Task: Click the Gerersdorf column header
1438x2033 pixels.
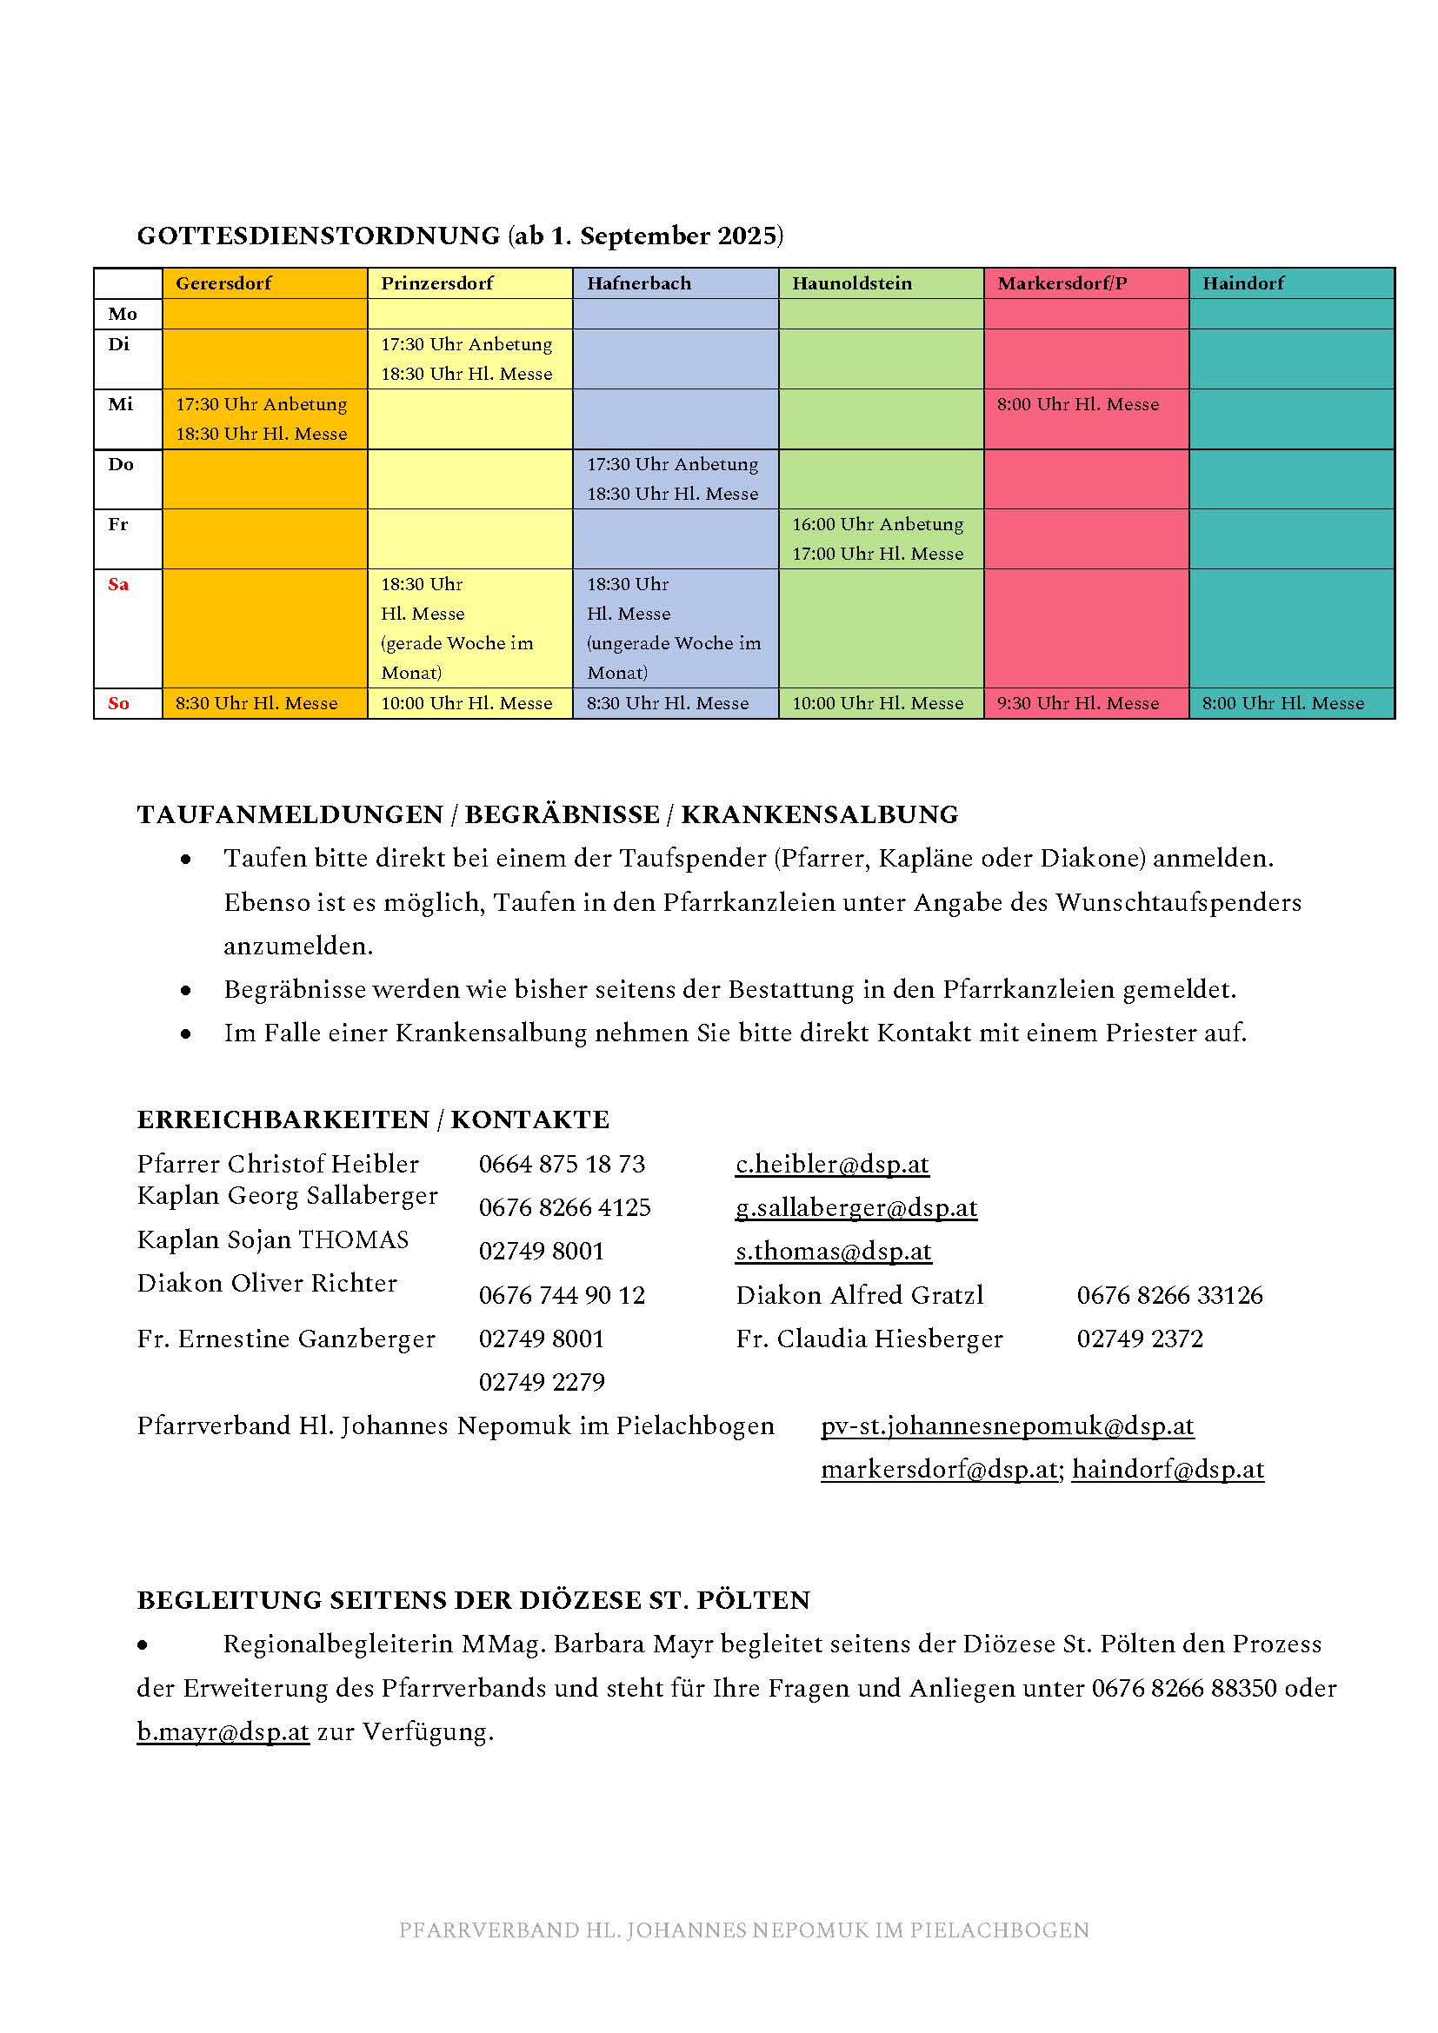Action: [223, 283]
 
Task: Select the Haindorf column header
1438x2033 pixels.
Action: [1243, 283]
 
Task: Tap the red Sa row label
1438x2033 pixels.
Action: [118, 584]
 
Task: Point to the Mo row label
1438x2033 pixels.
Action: [123, 314]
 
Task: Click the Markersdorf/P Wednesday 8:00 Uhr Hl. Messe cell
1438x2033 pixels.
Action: [1077, 405]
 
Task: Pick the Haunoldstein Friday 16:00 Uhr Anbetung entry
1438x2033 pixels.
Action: [877, 524]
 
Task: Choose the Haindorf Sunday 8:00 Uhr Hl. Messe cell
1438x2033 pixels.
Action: [1283, 703]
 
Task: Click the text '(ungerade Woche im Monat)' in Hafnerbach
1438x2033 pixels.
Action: [674, 658]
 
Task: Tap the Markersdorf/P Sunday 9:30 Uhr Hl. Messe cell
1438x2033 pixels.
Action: [1077, 703]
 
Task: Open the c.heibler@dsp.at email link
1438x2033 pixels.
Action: [832, 1164]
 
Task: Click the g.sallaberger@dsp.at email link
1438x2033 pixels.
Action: [856, 1207]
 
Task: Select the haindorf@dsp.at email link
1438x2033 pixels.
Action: [1168, 1469]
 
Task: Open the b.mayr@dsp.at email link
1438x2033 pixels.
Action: [223, 1731]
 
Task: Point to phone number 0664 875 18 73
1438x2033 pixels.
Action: [563, 1164]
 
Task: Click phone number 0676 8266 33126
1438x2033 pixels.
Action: [1169, 1294]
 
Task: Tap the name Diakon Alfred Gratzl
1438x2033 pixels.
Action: [860, 1294]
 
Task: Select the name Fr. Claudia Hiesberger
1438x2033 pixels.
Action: [869, 1338]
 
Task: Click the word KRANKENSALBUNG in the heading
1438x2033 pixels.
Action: [819, 814]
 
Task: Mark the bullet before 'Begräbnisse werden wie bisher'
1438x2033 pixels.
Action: [186, 990]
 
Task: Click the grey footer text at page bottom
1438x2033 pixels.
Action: [744, 1930]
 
